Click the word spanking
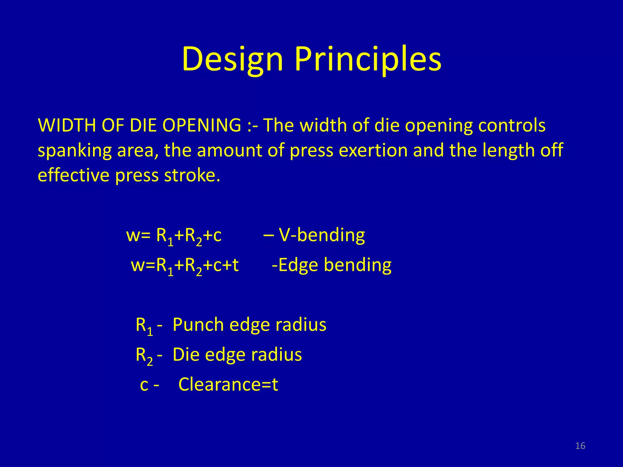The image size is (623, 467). coord(75,151)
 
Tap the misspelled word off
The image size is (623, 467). coord(552,150)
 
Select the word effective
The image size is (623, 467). coord(73,175)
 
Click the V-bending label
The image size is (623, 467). coord(322,235)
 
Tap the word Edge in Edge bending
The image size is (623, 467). coord(297,265)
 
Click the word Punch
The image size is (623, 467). coord(198,324)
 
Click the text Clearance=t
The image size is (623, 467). coord(228,384)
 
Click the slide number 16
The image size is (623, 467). coord(580,446)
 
